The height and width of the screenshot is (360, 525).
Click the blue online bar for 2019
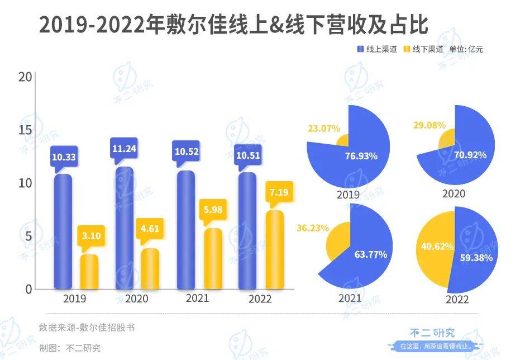pos(63,232)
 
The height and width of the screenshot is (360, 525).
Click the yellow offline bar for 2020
pos(150,268)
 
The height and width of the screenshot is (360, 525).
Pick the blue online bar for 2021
pos(186,230)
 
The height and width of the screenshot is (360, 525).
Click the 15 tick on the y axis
pos(24,130)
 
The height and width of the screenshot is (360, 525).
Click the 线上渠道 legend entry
pos(377,49)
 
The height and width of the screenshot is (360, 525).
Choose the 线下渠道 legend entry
pos(424,49)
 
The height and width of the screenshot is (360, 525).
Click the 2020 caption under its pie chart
pos(454,193)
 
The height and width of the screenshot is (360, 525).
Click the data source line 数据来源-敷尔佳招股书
pos(87,328)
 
